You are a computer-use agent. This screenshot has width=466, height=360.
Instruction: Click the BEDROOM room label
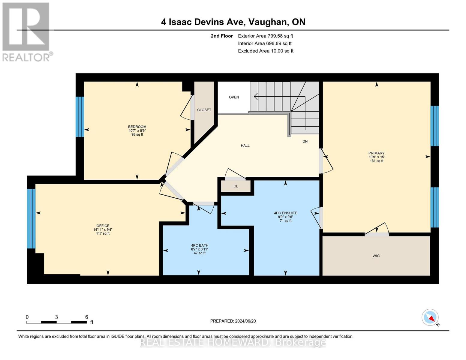pos(137,127)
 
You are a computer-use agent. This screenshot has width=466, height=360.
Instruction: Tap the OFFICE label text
pos(103,226)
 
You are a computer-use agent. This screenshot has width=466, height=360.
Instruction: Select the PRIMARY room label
pos(376,153)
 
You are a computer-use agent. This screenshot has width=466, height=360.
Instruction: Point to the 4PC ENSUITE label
pos(285,213)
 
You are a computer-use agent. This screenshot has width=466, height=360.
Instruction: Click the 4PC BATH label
pos(200,245)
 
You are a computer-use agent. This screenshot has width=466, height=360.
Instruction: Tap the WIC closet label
pos(376,256)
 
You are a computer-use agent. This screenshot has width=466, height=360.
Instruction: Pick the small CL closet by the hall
pos(236,186)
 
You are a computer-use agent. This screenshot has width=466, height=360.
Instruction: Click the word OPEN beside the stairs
pos(234,97)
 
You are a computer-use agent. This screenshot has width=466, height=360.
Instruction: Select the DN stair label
pos(305,141)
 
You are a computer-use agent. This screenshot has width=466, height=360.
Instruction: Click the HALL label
pos(245,145)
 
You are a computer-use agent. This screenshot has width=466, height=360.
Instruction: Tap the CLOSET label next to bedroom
pos(204,110)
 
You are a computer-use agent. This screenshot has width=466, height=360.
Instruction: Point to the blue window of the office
pos(31,218)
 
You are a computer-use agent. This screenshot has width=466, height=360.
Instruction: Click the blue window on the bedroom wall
pos(80,116)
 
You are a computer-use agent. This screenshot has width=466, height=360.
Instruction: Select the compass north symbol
pos(430,317)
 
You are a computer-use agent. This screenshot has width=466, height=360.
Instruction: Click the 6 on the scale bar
pos(86,317)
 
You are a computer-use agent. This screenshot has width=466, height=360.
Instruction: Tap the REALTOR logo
pos(26,31)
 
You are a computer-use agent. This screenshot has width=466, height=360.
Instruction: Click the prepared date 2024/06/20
pos(233,321)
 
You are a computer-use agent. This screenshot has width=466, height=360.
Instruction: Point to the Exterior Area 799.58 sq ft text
pos(265,36)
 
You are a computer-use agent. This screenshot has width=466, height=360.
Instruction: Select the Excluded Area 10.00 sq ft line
pos(266,51)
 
